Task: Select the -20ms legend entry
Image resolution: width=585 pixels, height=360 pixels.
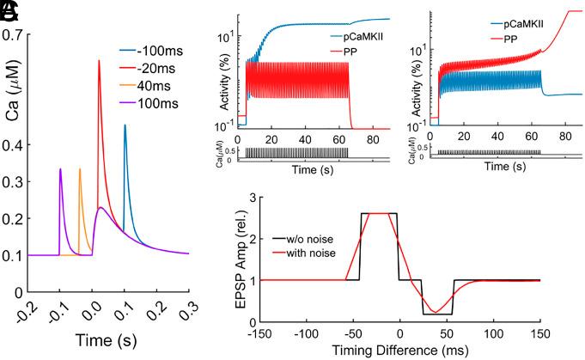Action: point(147,63)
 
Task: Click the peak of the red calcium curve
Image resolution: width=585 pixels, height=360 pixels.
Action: point(99,60)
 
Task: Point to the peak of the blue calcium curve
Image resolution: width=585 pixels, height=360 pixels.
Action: point(125,125)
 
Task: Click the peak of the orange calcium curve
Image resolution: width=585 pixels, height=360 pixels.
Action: point(80,169)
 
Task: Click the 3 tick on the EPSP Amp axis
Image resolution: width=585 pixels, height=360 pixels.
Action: point(241,198)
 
